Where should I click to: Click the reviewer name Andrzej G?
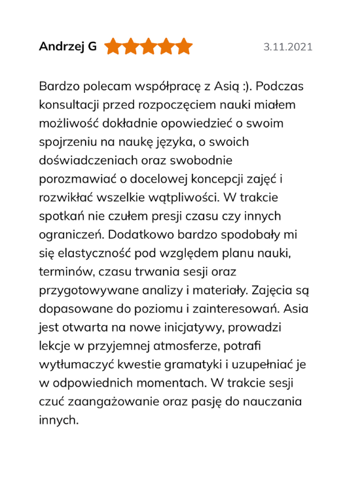point(67,46)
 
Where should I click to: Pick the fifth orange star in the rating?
point(185,46)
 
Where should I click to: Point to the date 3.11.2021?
point(288,47)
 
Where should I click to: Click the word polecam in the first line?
point(98,87)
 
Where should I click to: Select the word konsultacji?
point(74,105)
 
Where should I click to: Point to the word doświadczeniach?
point(88,160)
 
